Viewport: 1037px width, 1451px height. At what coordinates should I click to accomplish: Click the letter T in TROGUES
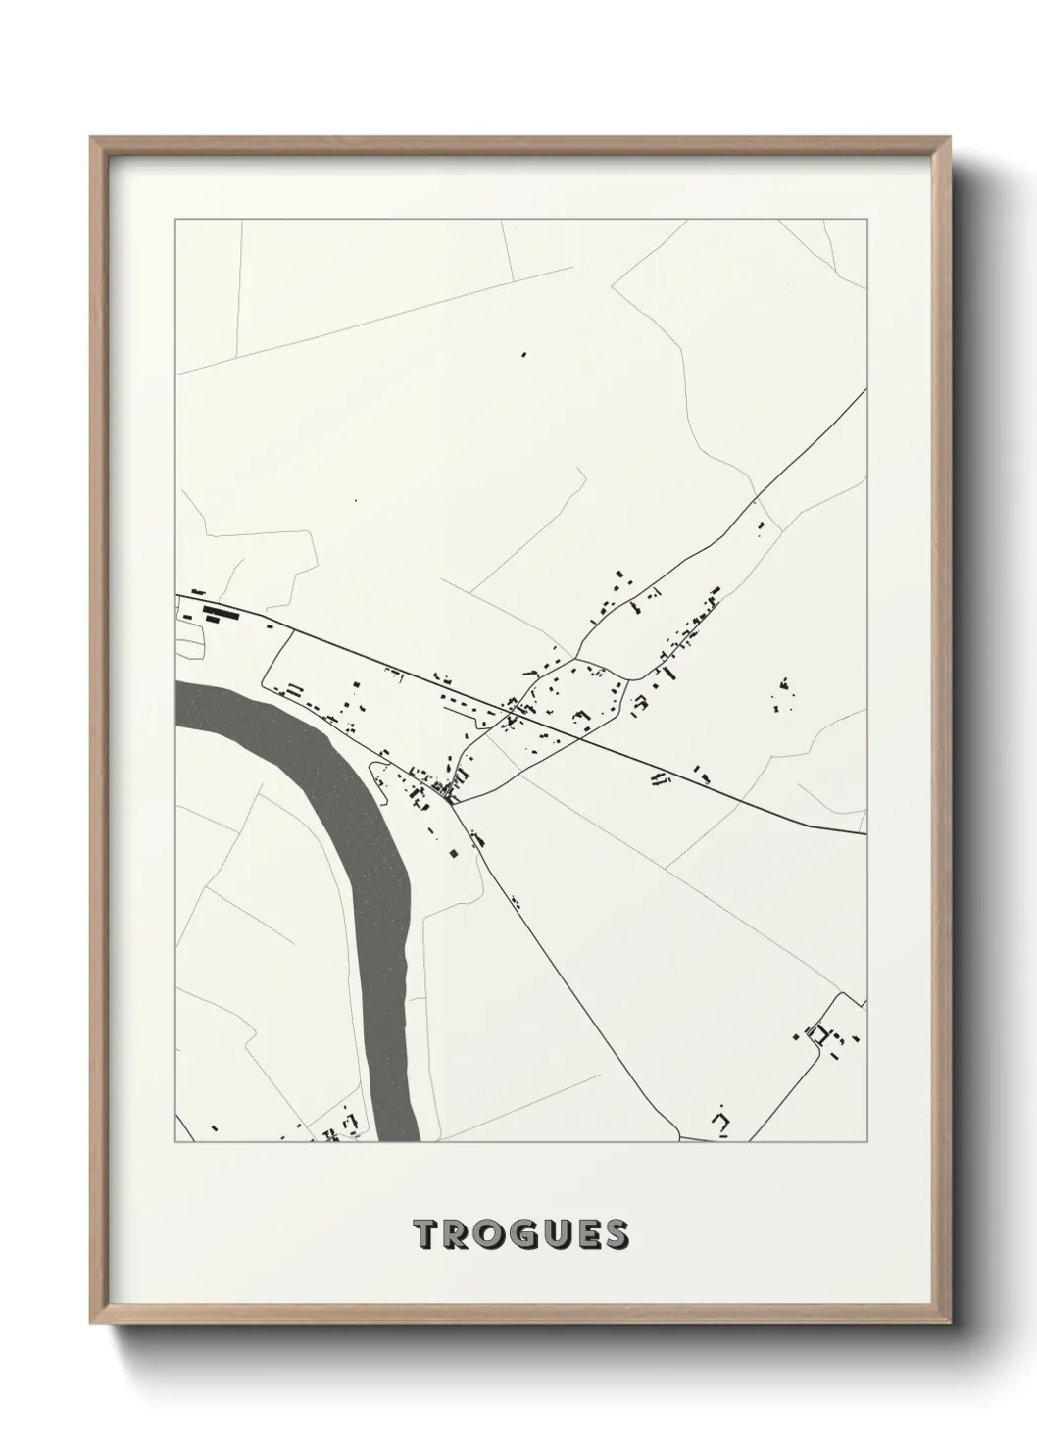click(x=427, y=1234)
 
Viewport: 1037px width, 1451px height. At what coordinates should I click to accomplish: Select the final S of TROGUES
click(x=615, y=1234)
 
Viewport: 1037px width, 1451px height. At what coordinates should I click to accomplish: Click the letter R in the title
click(x=457, y=1234)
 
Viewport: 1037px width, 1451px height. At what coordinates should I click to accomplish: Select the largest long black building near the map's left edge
click(x=222, y=615)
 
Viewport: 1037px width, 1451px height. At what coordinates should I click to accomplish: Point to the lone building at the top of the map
click(x=523, y=354)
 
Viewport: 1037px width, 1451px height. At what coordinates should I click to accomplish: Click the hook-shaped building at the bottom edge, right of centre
click(x=723, y=1120)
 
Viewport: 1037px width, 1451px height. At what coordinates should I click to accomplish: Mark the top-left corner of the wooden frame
click(x=93, y=139)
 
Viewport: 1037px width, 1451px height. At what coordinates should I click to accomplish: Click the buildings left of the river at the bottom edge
click(x=338, y=1127)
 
